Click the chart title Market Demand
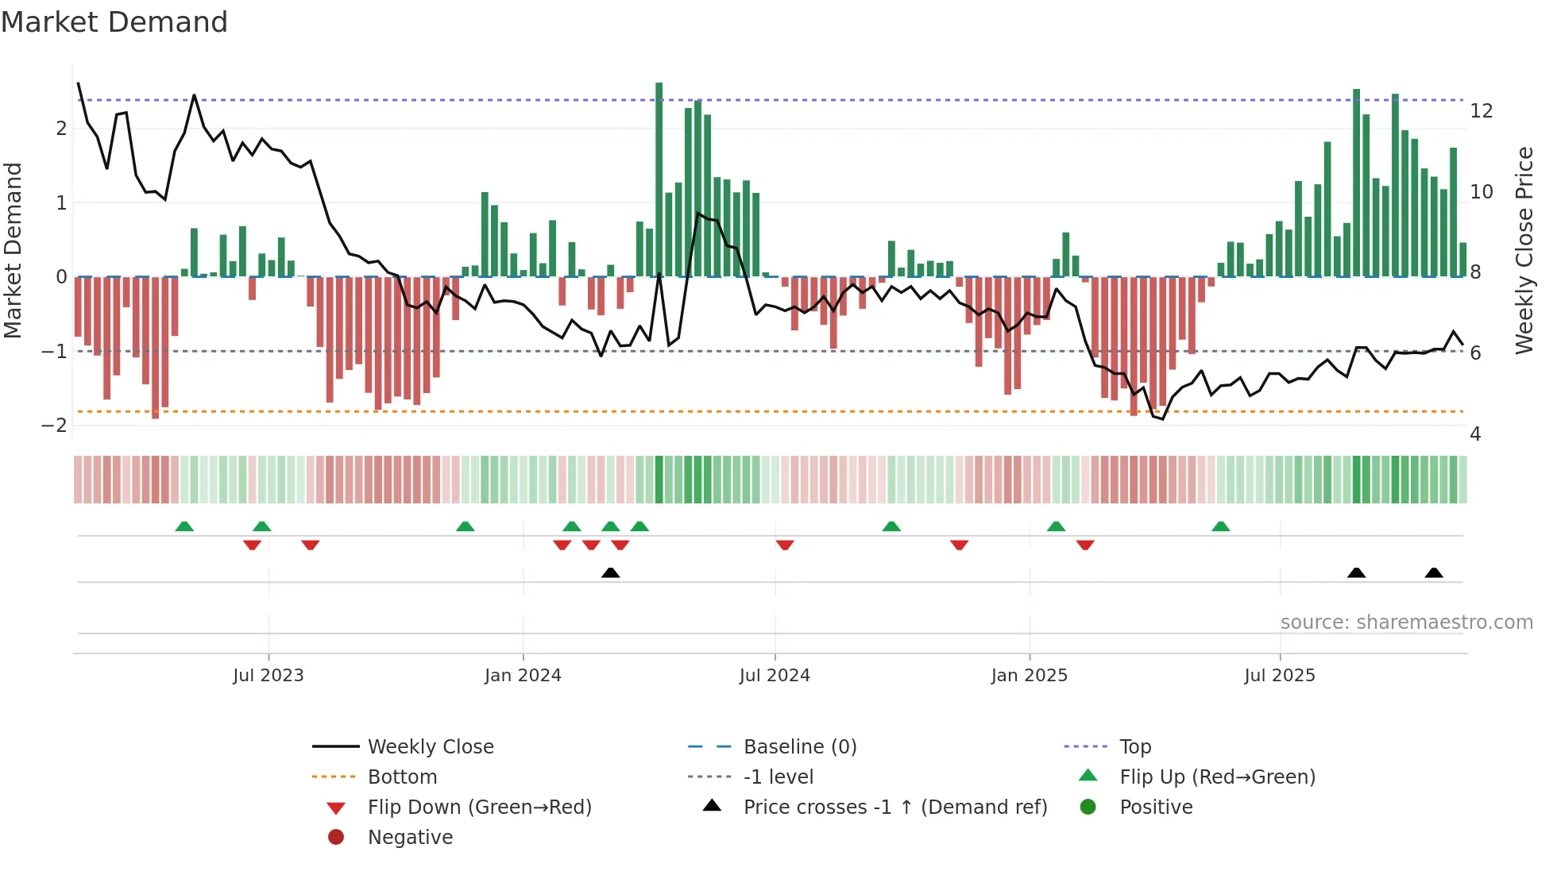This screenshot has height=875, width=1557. point(114,22)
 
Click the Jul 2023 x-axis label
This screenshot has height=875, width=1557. point(269,676)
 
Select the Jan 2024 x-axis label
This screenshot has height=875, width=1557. point(523,676)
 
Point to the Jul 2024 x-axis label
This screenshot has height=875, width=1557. point(775,676)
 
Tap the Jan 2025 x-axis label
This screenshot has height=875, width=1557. point(1030,676)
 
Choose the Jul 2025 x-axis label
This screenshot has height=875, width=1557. point(1280,676)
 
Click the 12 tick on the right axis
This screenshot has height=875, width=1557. point(1482,111)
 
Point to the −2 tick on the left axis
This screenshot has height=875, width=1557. point(54,426)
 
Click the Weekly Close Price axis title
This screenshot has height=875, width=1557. point(1524,250)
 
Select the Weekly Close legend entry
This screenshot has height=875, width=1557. point(431,747)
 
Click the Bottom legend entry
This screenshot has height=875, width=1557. point(402,777)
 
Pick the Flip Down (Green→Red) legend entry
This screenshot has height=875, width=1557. point(479,808)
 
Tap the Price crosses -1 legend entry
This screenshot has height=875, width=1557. point(895,808)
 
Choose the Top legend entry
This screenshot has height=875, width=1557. point(1135,747)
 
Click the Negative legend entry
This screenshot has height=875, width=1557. point(410,838)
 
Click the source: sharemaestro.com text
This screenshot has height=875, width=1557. point(1406,623)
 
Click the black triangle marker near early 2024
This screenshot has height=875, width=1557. point(610,572)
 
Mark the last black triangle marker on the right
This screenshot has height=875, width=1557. point(1434,572)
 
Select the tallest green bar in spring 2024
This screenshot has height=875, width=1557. point(659,179)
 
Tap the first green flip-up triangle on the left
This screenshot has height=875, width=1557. point(184,526)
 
